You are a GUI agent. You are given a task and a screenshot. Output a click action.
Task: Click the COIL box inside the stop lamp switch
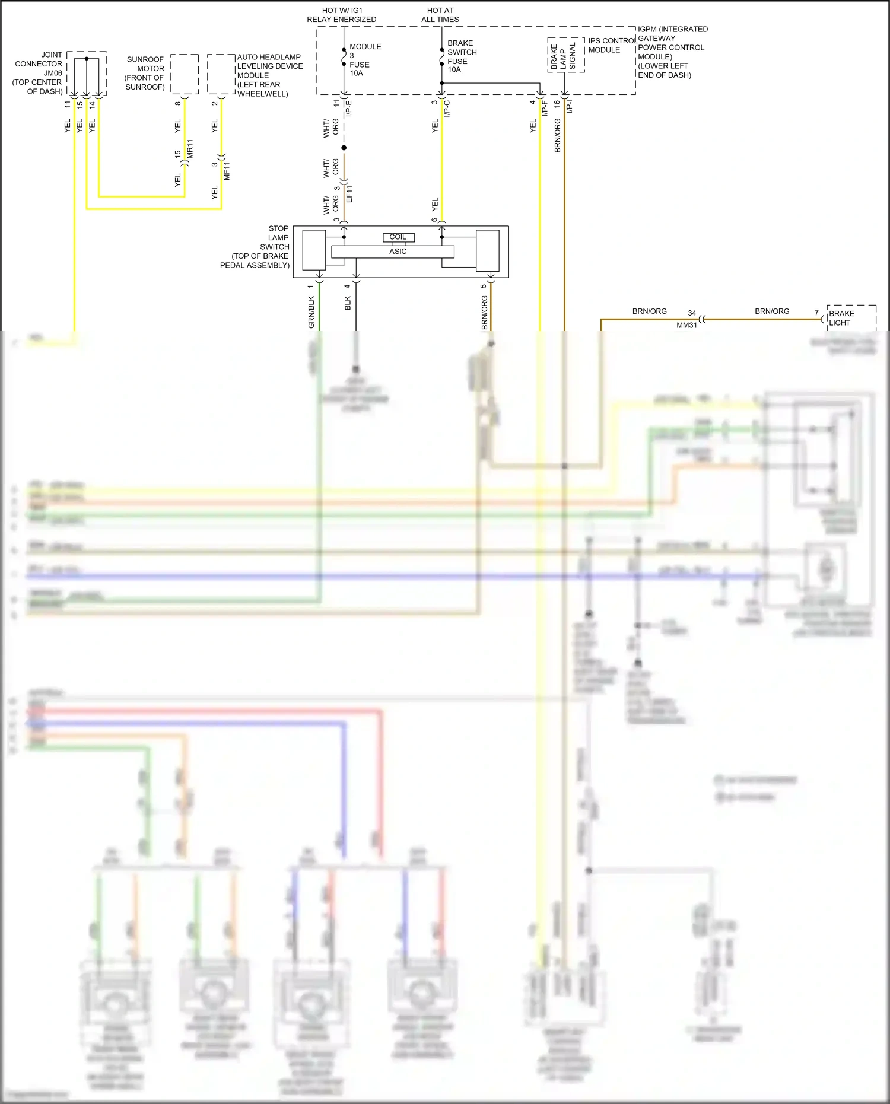pyautogui.click(x=398, y=237)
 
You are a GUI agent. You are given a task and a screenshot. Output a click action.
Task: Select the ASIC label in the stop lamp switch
pyautogui.click(x=398, y=252)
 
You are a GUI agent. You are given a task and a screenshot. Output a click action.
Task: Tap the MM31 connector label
pyautogui.click(x=686, y=326)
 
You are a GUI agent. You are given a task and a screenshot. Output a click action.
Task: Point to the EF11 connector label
pyautogui.click(x=349, y=194)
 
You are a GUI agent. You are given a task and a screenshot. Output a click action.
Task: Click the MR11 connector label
pyautogui.click(x=190, y=149)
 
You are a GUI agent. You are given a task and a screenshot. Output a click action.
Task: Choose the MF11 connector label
pyautogui.click(x=227, y=170)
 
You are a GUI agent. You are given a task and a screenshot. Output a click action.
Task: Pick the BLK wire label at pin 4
pyautogui.click(x=348, y=303)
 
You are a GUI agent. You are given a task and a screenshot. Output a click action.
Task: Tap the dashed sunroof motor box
pyautogui.click(x=185, y=74)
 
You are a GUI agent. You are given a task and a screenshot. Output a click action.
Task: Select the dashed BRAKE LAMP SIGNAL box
pyautogui.click(x=566, y=55)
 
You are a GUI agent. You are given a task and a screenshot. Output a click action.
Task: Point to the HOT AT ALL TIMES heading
pyautogui.click(x=440, y=15)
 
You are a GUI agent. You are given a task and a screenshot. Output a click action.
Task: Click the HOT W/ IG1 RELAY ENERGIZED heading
pyautogui.click(x=341, y=15)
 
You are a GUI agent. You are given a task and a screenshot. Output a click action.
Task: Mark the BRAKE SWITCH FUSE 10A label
pyautogui.click(x=462, y=56)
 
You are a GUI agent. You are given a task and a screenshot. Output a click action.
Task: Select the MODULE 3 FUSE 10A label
pyautogui.click(x=364, y=60)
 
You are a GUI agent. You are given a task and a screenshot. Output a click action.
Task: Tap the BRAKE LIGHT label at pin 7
pyautogui.click(x=841, y=318)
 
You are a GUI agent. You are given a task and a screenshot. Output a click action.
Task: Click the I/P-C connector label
pyautogui.click(x=447, y=109)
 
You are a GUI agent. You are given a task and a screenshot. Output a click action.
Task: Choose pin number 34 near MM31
pyautogui.click(x=692, y=313)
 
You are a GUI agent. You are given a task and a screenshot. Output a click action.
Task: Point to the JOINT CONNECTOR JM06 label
pyautogui.click(x=39, y=73)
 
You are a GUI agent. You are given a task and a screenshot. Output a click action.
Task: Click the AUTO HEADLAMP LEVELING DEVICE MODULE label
pyautogui.click(x=269, y=75)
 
